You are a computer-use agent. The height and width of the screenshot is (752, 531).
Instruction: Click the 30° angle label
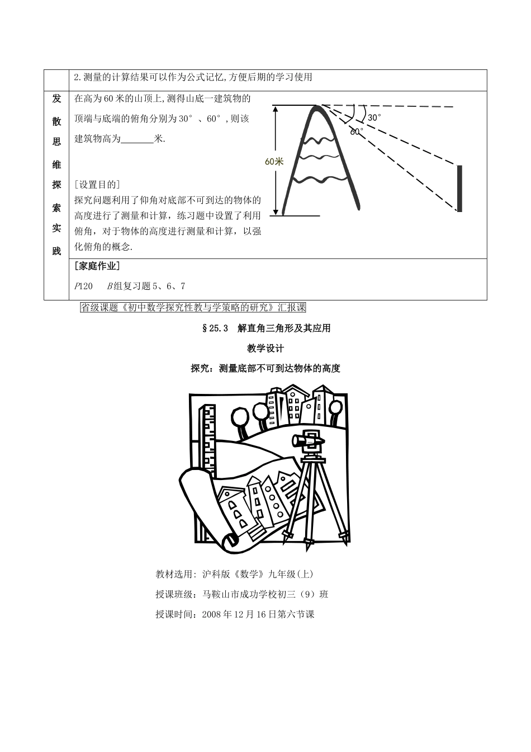374,117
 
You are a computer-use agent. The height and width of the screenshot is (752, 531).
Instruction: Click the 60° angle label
357,131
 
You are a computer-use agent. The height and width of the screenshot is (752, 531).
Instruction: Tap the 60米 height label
274,161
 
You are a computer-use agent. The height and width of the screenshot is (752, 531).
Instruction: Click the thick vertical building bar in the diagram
459,188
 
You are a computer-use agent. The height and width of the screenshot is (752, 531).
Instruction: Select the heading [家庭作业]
97,266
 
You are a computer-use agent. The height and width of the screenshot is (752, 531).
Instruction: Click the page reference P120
83,286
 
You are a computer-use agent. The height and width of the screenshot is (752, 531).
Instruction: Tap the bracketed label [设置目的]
97,185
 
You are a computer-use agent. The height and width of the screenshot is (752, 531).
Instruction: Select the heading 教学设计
265,349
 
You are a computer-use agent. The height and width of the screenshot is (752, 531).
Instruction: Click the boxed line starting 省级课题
193,307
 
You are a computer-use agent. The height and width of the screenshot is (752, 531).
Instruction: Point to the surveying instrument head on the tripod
309,442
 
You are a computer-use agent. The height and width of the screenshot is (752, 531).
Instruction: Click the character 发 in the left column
56,98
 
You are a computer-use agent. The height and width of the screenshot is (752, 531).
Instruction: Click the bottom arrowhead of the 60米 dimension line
275,212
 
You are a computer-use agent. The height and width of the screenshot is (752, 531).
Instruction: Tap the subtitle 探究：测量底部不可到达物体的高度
265,368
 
